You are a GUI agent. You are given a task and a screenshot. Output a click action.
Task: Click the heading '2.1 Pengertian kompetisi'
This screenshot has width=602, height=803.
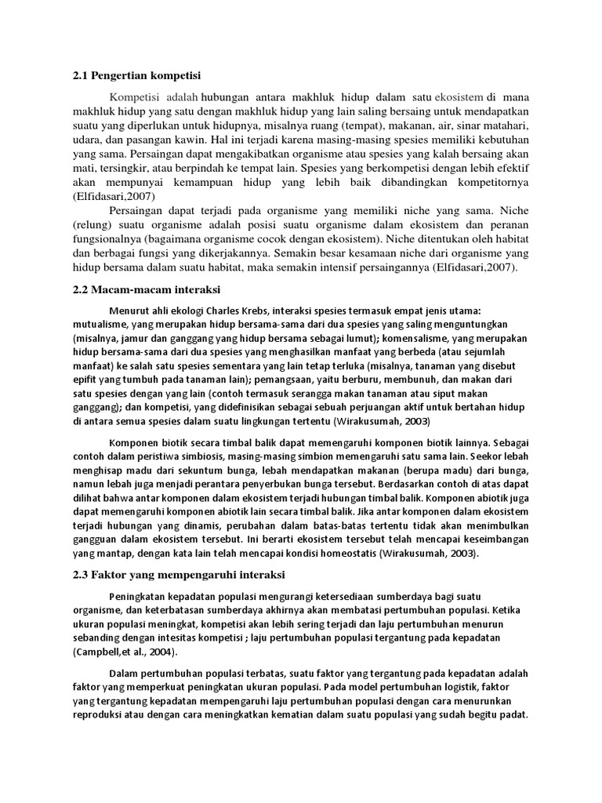point(137,76)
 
